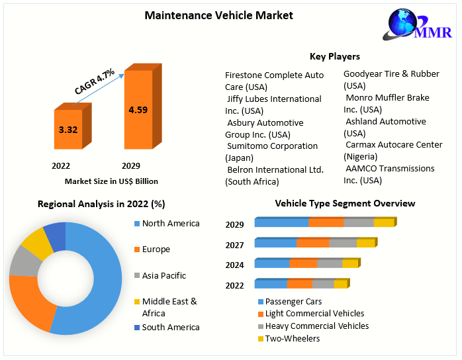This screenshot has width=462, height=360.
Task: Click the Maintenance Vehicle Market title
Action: (x=218, y=15)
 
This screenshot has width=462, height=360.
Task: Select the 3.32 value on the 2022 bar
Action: (x=68, y=130)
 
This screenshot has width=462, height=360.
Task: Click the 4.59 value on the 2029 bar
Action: (x=138, y=110)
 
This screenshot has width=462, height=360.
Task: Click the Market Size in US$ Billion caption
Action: (x=111, y=181)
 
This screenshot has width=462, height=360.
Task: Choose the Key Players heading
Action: (x=335, y=56)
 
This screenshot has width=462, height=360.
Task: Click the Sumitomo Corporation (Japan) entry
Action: (x=262, y=152)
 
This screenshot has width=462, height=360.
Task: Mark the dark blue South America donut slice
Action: (x=56, y=236)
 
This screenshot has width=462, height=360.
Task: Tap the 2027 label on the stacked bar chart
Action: (x=234, y=245)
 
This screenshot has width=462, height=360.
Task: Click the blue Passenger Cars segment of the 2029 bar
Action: (x=281, y=223)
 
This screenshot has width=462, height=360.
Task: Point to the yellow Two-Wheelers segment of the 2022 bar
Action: (x=340, y=285)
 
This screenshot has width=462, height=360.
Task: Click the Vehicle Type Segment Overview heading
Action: (x=345, y=203)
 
